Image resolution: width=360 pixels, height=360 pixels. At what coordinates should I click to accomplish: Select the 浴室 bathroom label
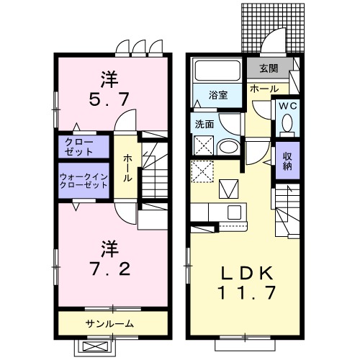click(219, 95)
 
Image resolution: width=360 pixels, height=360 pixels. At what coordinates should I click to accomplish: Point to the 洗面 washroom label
click(204, 124)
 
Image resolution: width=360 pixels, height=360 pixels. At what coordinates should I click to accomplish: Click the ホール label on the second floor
click(127, 167)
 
